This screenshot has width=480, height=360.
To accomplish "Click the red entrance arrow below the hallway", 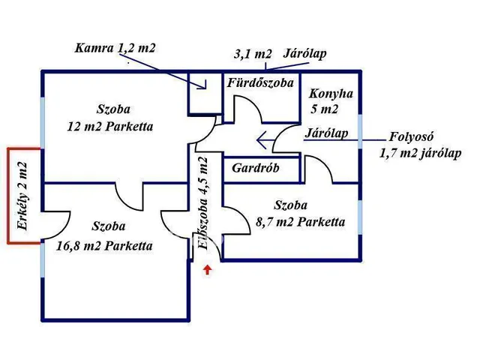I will [208, 271].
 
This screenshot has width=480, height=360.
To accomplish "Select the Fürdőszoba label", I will [259, 82].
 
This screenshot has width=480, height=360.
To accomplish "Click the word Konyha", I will [331, 94].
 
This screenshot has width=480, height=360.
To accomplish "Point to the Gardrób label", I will [255, 168].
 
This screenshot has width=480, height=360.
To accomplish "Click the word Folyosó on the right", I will [412, 137].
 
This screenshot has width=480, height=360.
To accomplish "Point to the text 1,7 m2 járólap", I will [420, 153].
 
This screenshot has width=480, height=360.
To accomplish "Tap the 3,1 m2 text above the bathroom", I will [253, 54].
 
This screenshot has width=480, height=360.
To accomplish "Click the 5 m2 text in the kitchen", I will [325, 109].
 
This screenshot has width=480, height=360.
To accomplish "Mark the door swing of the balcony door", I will [53, 219].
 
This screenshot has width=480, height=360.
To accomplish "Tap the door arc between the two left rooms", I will [129, 197].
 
